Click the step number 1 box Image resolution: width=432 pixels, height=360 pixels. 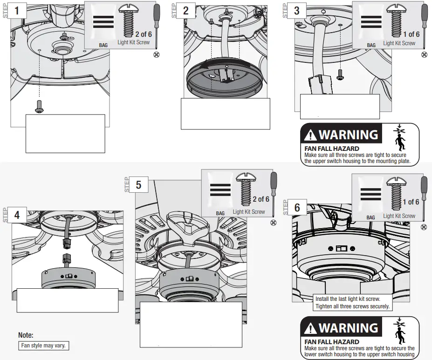coord(17,10)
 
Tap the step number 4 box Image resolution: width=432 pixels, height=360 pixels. coord(17,215)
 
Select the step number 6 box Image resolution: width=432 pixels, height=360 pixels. coord(297,208)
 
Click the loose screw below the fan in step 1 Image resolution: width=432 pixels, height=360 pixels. coord(39,107)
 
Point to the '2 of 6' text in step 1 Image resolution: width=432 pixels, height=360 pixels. coord(144,34)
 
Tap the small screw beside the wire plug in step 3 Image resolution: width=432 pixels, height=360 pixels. coord(340,73)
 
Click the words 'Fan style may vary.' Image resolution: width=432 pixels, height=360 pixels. coord(44,346)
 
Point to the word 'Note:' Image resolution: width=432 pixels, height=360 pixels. coord(26,335)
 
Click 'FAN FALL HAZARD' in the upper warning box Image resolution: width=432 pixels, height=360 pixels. coord(331,149)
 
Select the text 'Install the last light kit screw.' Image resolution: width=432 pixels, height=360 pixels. coord(348,299)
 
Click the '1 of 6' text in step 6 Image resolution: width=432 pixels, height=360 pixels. coord(411,202)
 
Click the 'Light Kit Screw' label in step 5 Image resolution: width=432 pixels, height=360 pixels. coord(249,212)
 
